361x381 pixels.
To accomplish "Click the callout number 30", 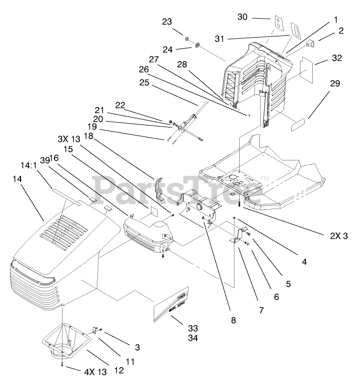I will [243, 17].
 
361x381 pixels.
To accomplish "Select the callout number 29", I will [335, 84].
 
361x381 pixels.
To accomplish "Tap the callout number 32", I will [336, 58].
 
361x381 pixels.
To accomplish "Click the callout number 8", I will [233, 320].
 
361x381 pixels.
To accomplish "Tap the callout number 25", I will [158, 83].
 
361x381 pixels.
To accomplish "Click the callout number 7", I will [261, 310].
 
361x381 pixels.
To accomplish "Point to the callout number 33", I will [192, 328].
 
